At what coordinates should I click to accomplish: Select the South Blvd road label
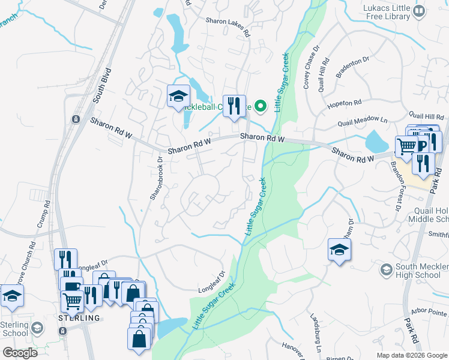pyautogui.click(x=99, y=89)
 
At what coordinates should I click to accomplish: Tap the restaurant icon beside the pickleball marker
pyautogui.click(x=234, y=106)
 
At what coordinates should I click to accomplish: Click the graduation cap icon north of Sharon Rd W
pyautogui.click(x=178, y=96)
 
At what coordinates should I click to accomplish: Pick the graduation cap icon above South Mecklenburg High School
pyautogui.click(x=339, y=250)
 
